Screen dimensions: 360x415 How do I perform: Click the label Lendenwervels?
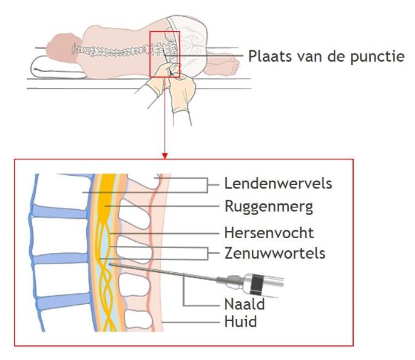278,182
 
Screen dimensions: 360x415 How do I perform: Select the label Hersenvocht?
269,233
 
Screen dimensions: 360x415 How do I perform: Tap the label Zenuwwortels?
274,253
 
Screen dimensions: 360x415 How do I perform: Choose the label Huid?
240,321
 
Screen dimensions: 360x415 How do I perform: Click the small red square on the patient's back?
164,55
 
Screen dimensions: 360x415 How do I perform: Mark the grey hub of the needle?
234,280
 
